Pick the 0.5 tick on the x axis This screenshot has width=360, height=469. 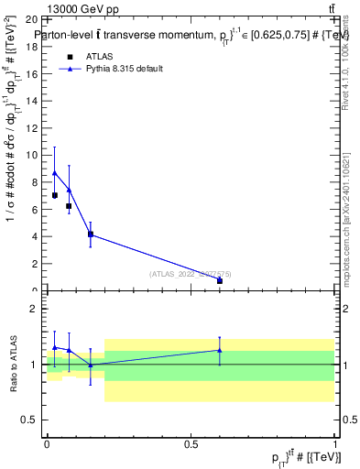coord(191,443)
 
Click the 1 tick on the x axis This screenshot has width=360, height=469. coord(335,443)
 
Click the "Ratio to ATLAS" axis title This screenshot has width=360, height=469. coord(14,365)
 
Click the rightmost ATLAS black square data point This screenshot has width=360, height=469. coord(220,280)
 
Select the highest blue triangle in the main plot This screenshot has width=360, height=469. coord(54,172)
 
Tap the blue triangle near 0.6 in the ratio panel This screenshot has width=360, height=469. coord(220,350)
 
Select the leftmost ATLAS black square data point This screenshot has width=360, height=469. coord(55,195)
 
